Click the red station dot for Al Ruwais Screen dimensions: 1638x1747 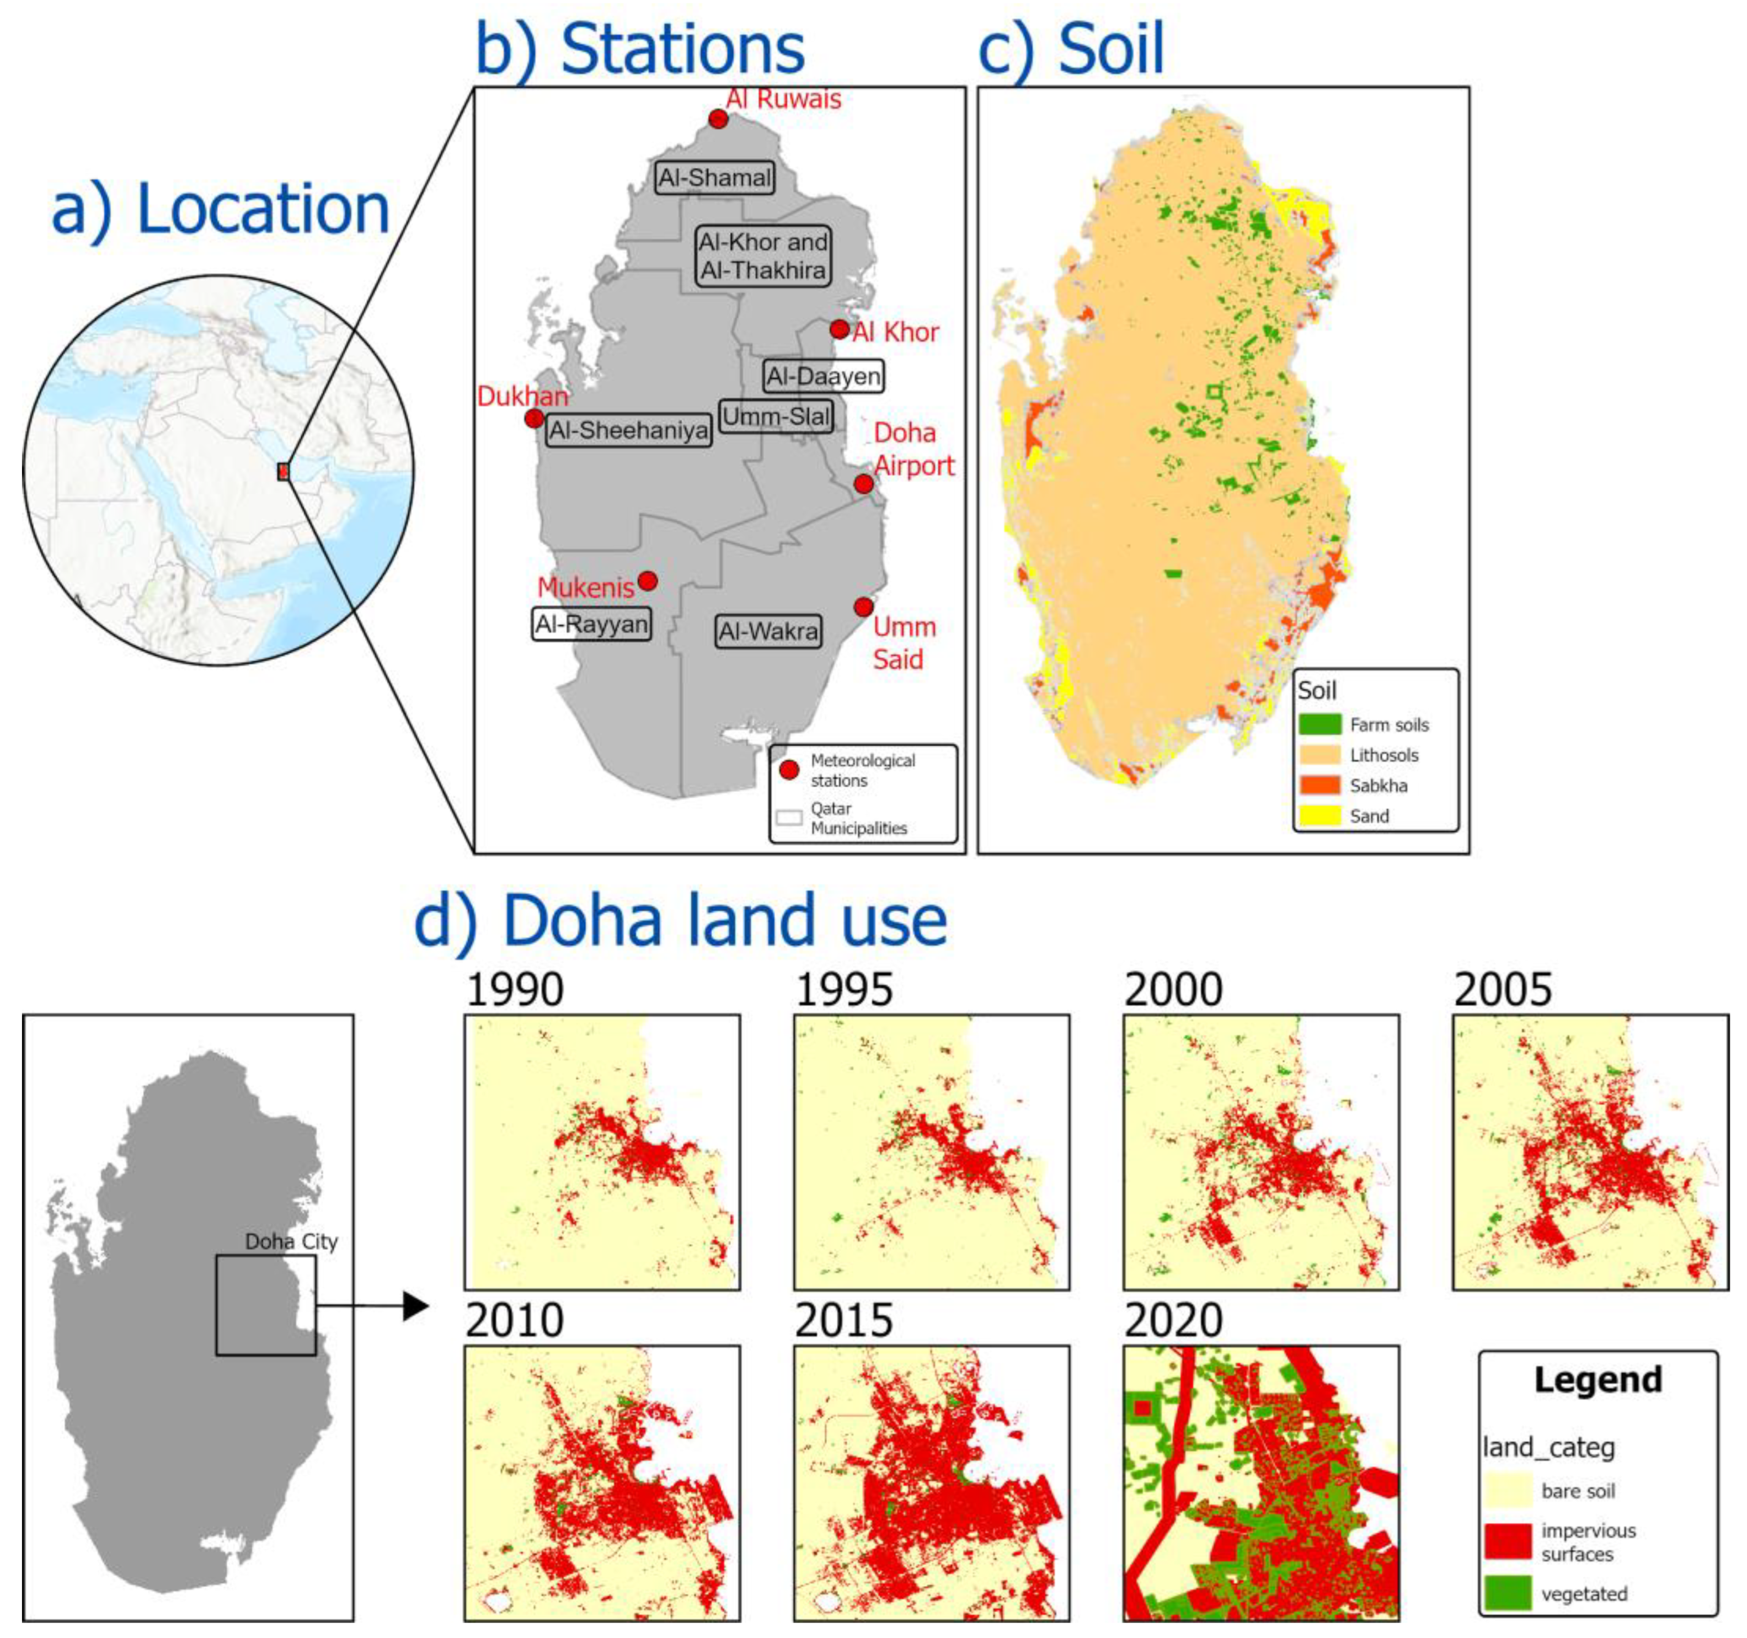pos(718,119)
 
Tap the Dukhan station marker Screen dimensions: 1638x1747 pos(533,418)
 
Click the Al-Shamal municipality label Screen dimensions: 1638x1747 pos(714,178)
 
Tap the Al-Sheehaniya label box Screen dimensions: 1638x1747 pos(628,430)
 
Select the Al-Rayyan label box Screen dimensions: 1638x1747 pos(591,624)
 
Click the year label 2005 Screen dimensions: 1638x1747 pos(1502,990)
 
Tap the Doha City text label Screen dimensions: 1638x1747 pos(291,1242)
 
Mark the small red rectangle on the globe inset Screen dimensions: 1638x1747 pos(283,472)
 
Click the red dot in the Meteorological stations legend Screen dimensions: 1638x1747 pos(789,770)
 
